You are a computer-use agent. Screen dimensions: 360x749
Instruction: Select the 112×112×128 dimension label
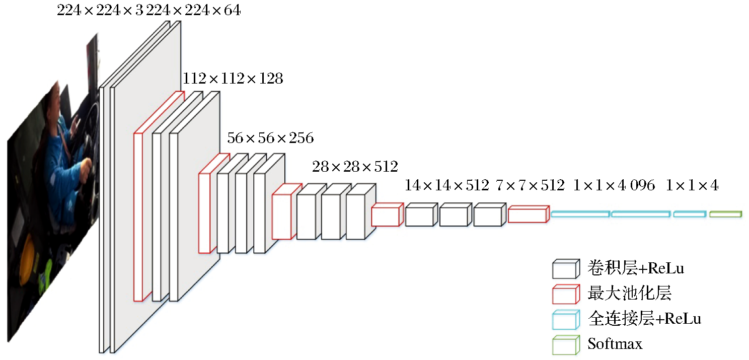pyautogui.click(x=233, y=79)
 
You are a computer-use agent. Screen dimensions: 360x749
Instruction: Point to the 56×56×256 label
pyautogui.click(x=270, y=138)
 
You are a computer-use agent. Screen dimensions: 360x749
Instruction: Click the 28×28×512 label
pyautogui.click(x=355, y=166)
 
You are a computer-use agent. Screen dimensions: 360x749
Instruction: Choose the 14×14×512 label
pyautogui.click(x=447, y=185)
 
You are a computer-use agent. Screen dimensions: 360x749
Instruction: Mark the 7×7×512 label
pyautogui.click(x=531, y=185)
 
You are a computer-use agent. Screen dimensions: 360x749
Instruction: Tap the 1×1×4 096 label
pyautogui.click(x=614, y=185)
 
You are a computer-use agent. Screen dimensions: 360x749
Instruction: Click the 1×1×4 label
pyautogui.click(x=692, y=185)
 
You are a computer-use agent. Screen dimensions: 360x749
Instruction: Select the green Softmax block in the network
pyautogui.click(x=725, y=214)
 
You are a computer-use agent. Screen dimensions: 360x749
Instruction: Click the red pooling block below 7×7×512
pyautogui.click(x=528, y=215)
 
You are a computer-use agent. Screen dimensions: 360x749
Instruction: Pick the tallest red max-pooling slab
pyautogui.click(x=142, y=217)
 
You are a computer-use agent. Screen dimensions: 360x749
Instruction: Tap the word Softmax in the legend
pyautogui.click(x=615, y=344)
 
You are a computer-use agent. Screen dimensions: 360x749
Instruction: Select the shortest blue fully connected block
pyautogui.click(x=689, y=214)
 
